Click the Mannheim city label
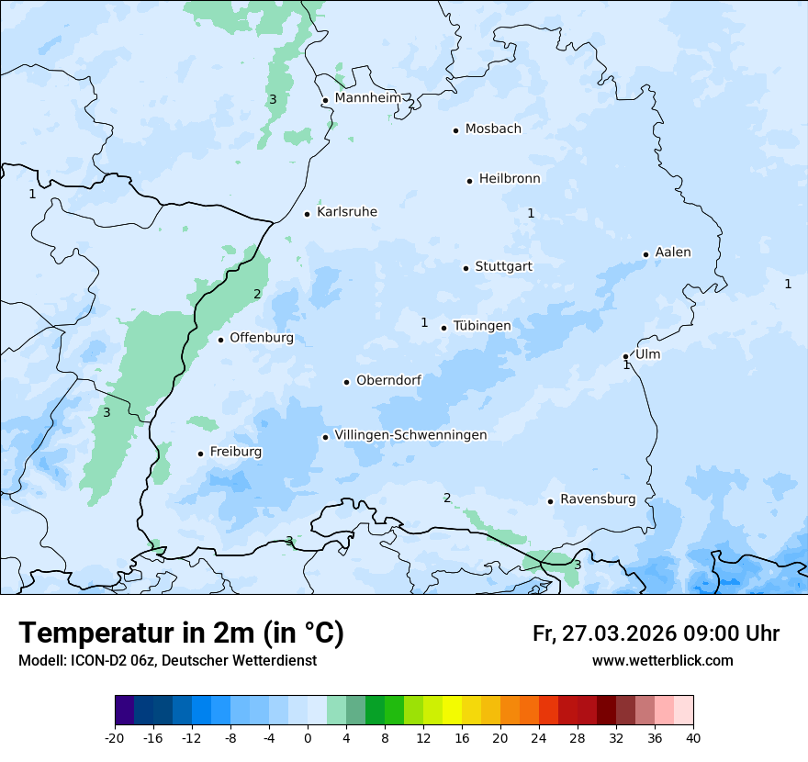[x=368, y=98]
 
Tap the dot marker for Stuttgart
[x=466, y=268]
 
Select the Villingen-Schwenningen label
[x=410, y=435]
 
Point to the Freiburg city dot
[x=200, y=454]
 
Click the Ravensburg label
[x=598, y=499]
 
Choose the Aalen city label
[x=673, y=252]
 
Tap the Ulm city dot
[x=625, y=356]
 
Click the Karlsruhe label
[x=347, y=212]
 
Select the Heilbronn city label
[x=510, y=179]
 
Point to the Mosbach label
[x=493, y=129]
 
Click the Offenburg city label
[x=262, y=338]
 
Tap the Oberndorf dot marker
[x=346, y=382]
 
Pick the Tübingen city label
[x=482, y=326]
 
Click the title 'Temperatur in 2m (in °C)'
[x=181, y=633]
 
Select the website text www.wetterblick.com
[x=662, y=661]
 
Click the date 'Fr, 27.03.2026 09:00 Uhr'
[x=656, y=633]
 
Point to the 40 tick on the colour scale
[x=693, y=737]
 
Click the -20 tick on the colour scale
[x=115, y=737]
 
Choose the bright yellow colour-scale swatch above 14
[x=452, y=711]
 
